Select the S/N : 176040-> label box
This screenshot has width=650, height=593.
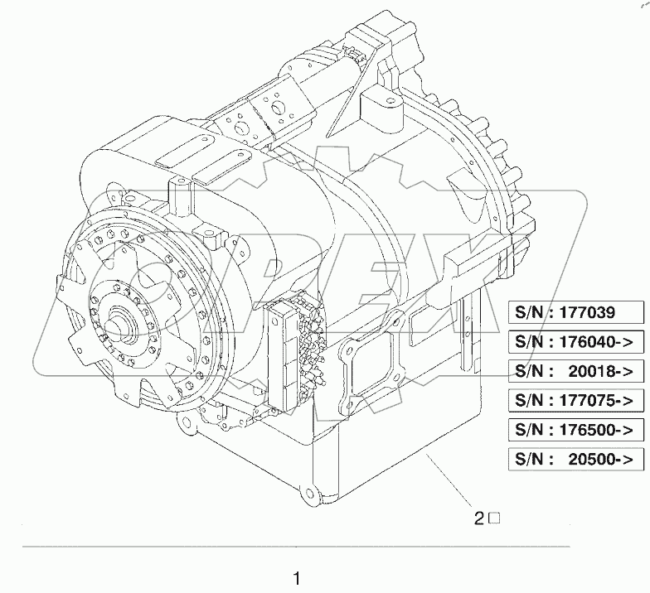(575, 340)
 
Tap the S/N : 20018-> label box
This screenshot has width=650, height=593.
(575, 370)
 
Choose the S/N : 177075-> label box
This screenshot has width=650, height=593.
(575, 399)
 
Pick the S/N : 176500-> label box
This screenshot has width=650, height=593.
(575, 429)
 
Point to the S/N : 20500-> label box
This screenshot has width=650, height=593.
(575, 459)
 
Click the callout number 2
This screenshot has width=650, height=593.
(478, 519)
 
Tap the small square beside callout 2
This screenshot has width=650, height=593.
(492, 519)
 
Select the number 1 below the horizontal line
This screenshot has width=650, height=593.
(296, 577)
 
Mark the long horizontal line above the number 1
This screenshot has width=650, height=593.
(296, 547)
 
